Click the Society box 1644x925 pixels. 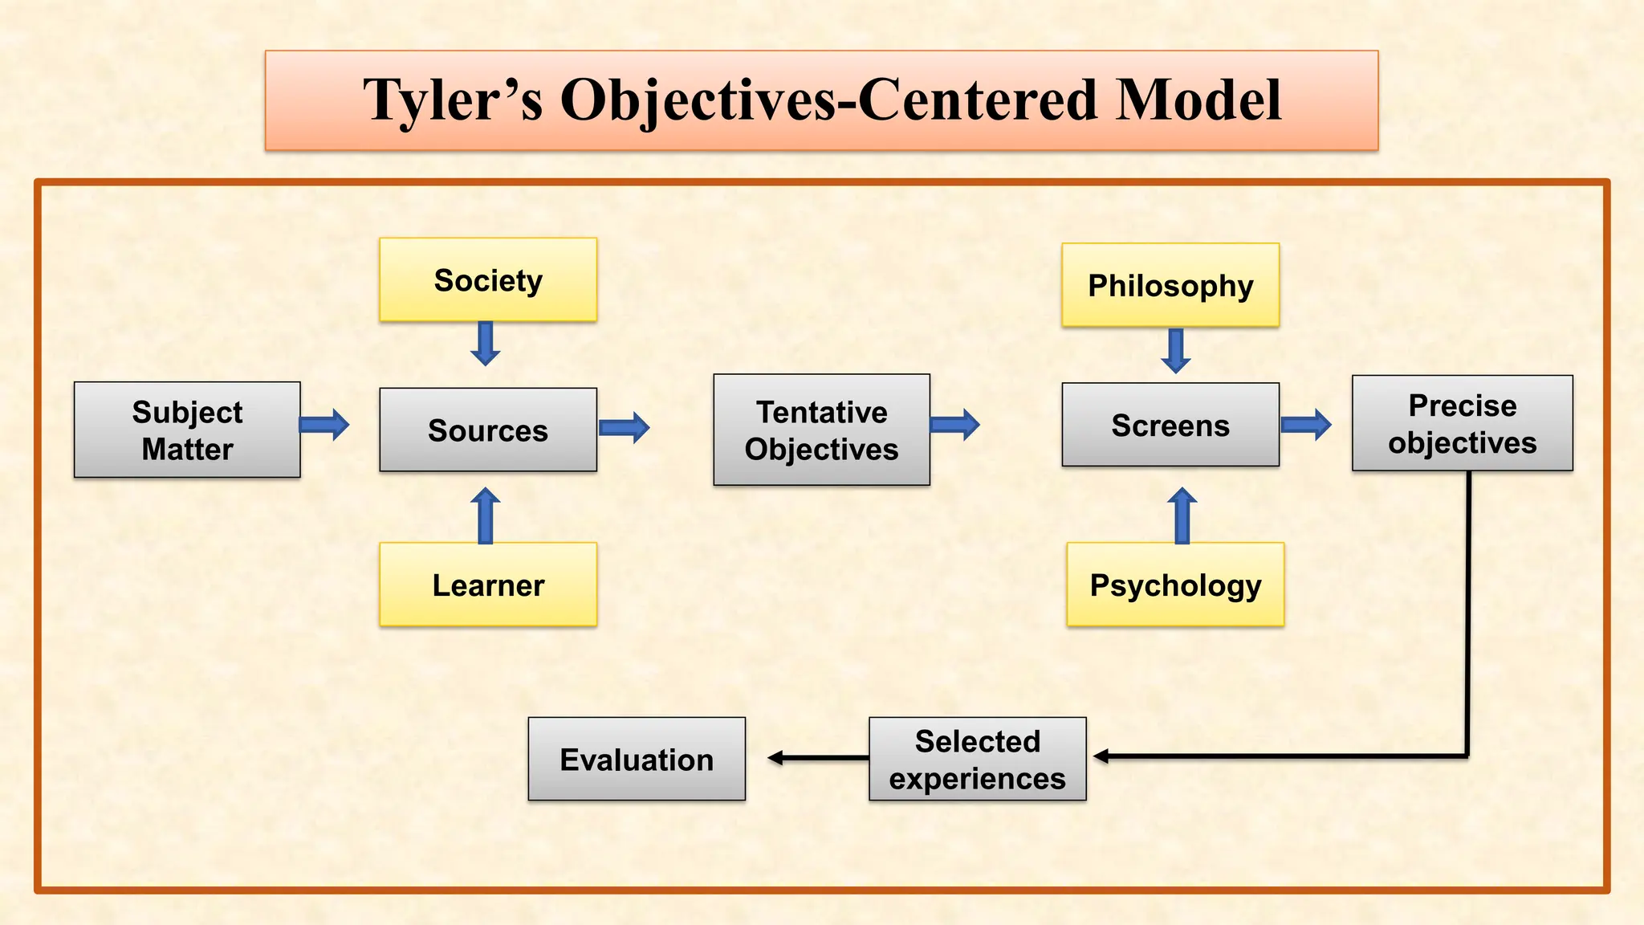488,280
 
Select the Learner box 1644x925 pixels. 488,585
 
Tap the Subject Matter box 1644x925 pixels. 187,430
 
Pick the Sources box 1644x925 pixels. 488,430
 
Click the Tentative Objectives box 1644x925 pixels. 821,430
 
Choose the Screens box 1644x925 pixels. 1170,425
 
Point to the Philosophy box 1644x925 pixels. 1170,285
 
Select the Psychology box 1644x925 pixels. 1175,585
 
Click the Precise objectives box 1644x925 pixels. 1462,424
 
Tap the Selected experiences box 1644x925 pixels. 977,760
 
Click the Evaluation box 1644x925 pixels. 637,760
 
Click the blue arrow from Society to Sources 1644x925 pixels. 485,344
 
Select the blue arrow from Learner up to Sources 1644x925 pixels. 485,515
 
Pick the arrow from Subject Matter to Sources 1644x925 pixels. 324,424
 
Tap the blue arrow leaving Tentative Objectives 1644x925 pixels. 955,424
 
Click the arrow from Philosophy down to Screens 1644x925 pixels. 1176,351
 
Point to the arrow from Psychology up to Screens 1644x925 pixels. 1182,515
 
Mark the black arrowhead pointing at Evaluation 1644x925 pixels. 775,758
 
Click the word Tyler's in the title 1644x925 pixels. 452,101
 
